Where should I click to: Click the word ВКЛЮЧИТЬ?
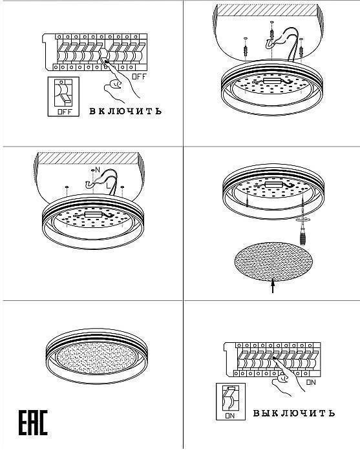(125, 111)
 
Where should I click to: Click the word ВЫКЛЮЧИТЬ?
(294, 413)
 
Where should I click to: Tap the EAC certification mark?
(33, 422)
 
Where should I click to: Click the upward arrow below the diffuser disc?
(273, 285)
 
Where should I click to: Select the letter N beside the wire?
(98, 170)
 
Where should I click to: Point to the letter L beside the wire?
(108, 186)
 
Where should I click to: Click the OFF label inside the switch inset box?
(65, 112)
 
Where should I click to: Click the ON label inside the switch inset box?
(230, 416)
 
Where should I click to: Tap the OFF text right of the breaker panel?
(140, 77)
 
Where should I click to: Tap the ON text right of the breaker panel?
(311, 382)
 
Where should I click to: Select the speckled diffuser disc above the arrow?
(273, 261)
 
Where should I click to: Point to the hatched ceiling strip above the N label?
(87, 158)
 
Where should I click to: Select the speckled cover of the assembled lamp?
(97, 358)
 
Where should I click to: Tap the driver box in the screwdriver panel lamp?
(274, 185)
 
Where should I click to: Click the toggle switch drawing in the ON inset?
(231, 398)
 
